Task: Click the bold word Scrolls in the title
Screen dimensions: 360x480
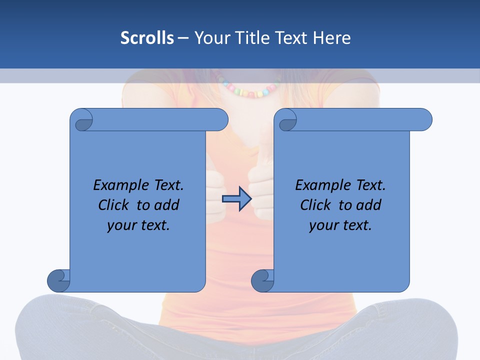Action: [147, 38]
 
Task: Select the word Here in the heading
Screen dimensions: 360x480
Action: [331, 38]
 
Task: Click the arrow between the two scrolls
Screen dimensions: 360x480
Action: [236, 198]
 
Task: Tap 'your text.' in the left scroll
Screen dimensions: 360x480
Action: [138, 225]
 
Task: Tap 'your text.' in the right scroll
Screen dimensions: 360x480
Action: [340, 225]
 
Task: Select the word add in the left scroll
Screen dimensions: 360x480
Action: [166, 205]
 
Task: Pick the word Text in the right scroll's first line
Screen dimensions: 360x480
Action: [370, 185]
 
